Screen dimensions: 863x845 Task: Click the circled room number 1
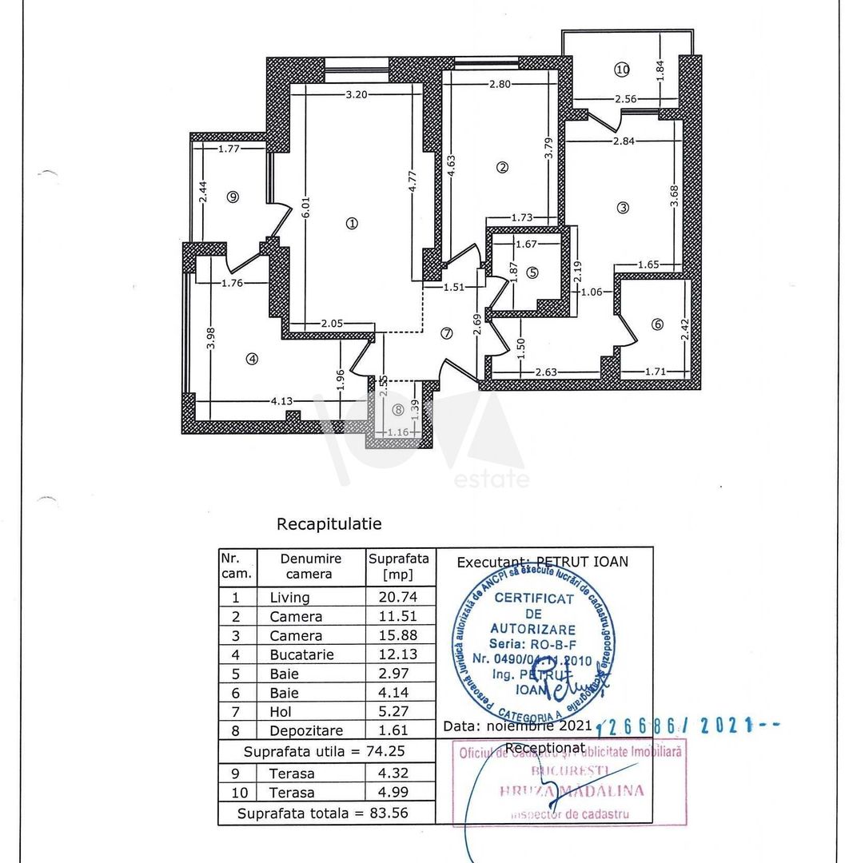click(x=352, y=224)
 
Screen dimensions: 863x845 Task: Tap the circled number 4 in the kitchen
click(x=253, y=359)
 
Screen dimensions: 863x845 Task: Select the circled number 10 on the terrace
click(x=622, y=70)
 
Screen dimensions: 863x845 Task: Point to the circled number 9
click(x=233, y=197)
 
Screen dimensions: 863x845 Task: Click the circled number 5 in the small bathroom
click(x=532, y=272)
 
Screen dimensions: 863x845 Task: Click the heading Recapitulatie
click(x=329, y=524)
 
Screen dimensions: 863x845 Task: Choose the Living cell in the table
click(x=289, y=597)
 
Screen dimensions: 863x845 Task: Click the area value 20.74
click(x=399, y=597)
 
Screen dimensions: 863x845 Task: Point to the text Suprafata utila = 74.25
click(x=326, y=751)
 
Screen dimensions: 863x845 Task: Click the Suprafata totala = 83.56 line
click(x=326, y=813)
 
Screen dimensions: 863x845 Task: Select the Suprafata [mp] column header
click(x=399, y=566)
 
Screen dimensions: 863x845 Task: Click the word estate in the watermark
click(x=492, y=479)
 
